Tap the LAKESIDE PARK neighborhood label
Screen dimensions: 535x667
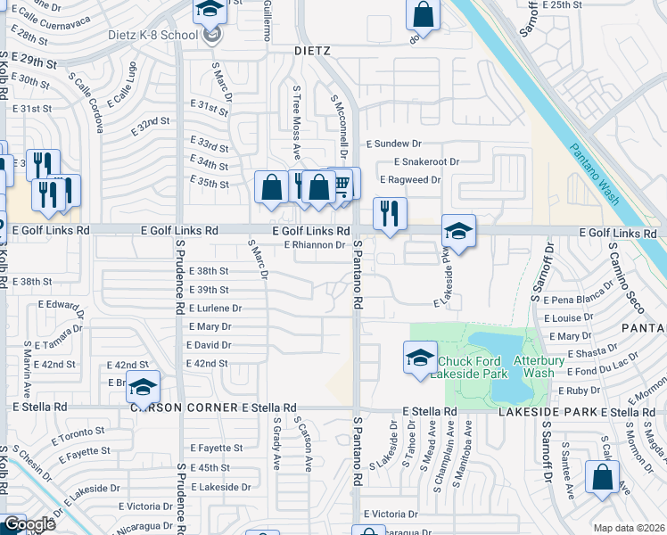pos(546,412)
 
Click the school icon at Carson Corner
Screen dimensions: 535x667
pos(142,386)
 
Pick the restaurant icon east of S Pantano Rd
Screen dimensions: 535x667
pos(389,214)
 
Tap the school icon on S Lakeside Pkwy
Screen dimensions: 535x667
pos(457,231)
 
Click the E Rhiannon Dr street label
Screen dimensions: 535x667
pos(314,244)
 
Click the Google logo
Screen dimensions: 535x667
pos(29,524)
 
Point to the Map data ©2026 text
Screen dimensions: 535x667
pos(629,528)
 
